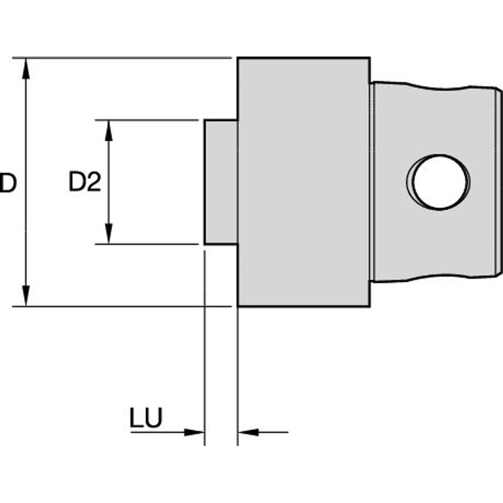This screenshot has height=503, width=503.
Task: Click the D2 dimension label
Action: [85, 183]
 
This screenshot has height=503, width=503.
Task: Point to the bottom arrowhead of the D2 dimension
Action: [108, 234]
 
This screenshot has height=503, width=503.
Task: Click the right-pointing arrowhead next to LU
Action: [194, 432]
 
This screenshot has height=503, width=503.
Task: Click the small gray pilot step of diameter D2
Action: [221, 182]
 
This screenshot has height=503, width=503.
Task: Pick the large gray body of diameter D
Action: [303, 182]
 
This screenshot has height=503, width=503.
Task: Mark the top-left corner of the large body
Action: [239, 58]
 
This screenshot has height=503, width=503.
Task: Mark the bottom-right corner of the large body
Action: [370, 306]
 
